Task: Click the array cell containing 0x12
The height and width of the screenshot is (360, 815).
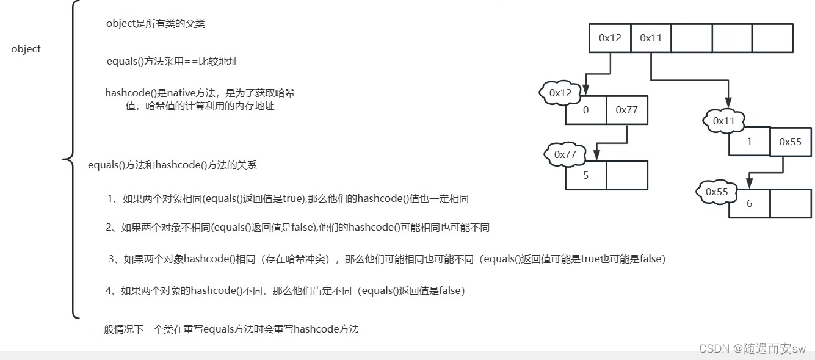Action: (609, 38)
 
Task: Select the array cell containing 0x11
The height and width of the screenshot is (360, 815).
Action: (651, 38)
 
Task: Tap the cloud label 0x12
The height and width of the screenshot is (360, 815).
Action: (560, 93)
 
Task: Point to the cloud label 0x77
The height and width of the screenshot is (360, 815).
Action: (565, 154)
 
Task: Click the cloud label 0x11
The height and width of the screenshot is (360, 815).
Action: (724, 121)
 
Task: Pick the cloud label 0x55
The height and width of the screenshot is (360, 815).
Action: (717, 192)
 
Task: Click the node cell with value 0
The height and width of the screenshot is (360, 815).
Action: (586, 110)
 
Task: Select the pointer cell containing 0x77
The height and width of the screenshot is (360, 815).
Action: (626, 110)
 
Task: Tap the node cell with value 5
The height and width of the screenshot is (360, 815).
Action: (586, 175)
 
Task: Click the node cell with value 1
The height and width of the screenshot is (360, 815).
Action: (749, 142)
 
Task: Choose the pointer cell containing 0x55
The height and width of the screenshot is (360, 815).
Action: (790, 142)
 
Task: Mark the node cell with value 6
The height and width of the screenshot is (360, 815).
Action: (749, 204)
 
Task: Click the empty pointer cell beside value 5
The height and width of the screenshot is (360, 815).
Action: (626, 175)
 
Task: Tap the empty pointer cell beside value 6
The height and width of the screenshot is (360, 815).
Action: (790, 204)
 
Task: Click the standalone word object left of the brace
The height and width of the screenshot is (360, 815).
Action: (26, 49)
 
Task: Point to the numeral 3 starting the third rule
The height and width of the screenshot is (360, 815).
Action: (112, 259)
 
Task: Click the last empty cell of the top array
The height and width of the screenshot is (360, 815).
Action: (772, 38)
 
